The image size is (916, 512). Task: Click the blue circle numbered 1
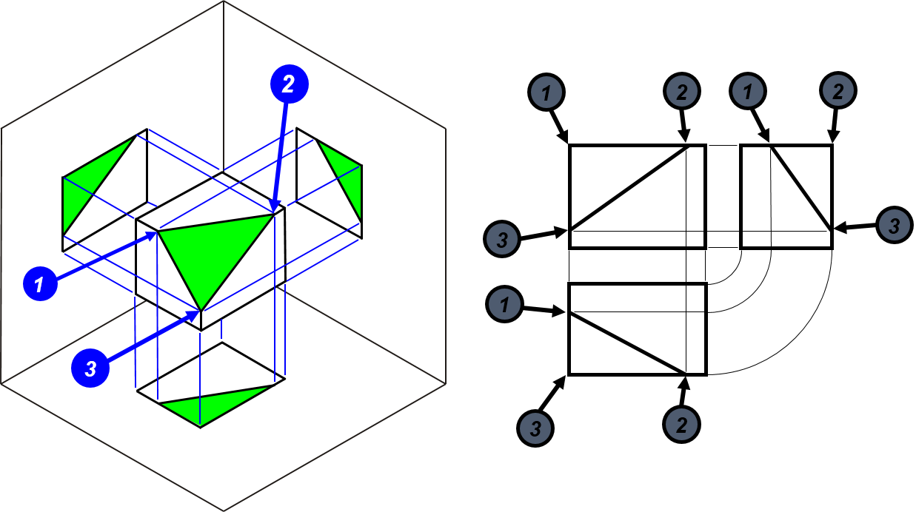coord(40,283)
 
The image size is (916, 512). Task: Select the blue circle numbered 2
coord(289,84)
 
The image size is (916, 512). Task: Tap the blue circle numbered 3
coord(90,368)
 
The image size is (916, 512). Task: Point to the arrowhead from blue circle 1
coord(156,233)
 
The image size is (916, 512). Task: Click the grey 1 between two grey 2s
coord(748,92)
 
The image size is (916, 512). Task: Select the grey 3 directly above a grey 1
coord(502,240)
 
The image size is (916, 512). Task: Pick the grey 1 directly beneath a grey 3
coord(504,304)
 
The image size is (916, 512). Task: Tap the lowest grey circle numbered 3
coord(535,428)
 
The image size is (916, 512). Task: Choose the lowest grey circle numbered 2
coord(681,425)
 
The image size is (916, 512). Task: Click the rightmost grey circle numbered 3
coord(894,225)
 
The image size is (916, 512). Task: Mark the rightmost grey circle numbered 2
coord(838,92)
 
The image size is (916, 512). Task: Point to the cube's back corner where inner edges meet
coord(224,170)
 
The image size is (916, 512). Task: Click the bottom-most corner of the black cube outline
coord(224,510)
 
